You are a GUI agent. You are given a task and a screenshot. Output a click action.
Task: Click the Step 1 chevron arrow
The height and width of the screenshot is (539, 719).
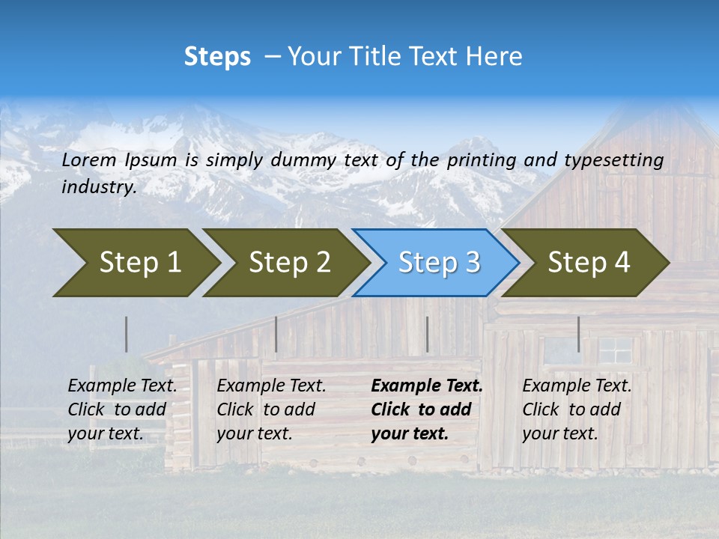pos(135,263)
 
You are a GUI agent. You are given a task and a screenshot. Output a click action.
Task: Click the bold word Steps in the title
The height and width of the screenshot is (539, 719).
pos(217,56)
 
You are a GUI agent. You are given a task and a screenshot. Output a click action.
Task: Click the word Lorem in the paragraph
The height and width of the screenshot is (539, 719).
pos(88,159)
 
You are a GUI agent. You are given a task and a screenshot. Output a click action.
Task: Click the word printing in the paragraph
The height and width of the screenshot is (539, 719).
pos(473,159)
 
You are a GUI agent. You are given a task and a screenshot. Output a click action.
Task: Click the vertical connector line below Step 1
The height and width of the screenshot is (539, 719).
pos(127,334)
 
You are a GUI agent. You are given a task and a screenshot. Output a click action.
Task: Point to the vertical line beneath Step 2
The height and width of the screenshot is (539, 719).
pos(276,334)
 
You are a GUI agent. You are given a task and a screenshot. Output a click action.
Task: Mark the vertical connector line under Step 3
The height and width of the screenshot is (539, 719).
pos(427,334)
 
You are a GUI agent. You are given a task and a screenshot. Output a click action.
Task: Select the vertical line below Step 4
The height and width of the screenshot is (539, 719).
pos(578,334)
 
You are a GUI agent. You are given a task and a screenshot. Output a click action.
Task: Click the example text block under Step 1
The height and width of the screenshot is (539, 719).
pos(122,409)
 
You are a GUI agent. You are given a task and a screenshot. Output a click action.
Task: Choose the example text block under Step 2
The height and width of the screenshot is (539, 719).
pos(271,409)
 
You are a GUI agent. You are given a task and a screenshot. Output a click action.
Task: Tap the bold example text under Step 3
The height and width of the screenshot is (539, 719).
pos(427,409)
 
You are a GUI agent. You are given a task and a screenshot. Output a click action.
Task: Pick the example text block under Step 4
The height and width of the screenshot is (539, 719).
pos(577,409)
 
